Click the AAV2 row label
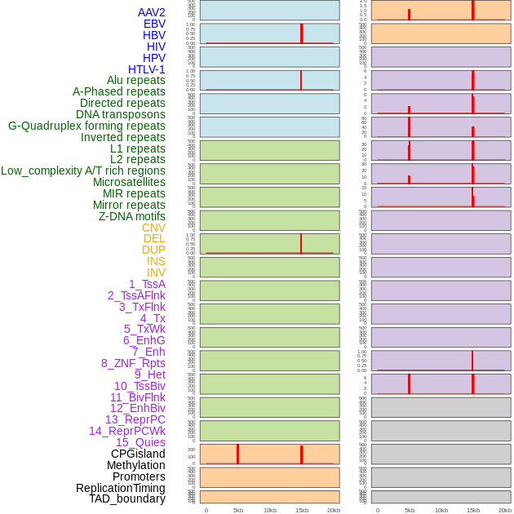151,12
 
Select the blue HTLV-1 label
146,69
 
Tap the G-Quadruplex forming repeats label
86,126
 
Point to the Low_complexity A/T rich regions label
83,171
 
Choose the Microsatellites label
129,182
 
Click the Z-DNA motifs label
131,216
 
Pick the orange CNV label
153,228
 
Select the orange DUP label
153,250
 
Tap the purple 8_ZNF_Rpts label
133,363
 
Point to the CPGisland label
138,454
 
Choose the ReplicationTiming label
120,488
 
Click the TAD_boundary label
126,498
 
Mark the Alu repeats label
135,80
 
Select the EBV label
154,24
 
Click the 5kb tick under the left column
238,510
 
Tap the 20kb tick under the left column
334,510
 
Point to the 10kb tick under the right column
441,510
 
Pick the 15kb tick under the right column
473,510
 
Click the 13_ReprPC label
135,419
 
